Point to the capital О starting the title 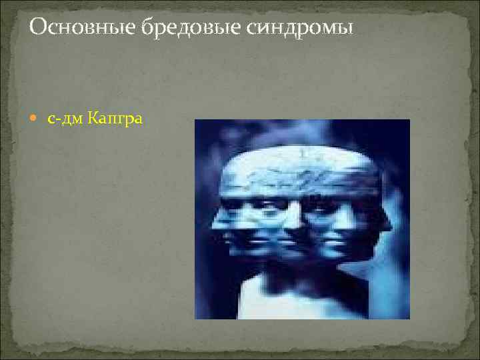pyautogui.click(x=39, y=28)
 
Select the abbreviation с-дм pyautogui.click(x=63, y=119)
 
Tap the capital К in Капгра pyautogui.click(x=91, y=119)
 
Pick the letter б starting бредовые pyautogui.click(x=147, y=28)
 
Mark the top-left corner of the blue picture pyautogui.click(x=195, y=120)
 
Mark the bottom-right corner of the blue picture pyautogui.click(x=409, y=318)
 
